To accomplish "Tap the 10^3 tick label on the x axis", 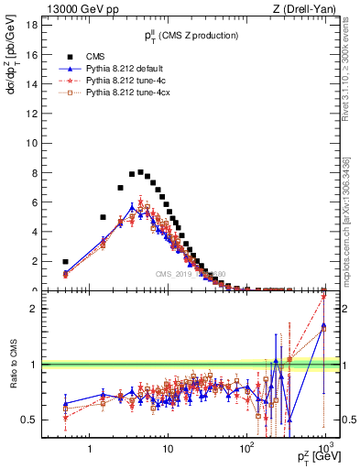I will click(324, 449).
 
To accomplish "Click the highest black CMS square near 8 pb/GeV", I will click(140, 171).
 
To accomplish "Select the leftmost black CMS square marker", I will click(65, 261).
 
